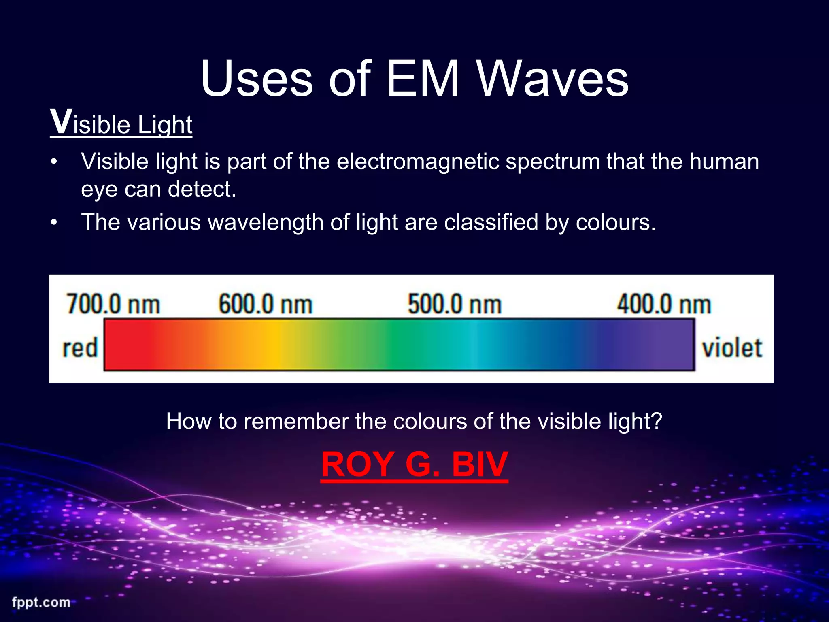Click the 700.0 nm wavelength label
click(x=113, y=304)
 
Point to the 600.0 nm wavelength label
click(x=266, y=304)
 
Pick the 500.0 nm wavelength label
click(x=455, y=304)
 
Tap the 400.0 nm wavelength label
click(x=664, y=304)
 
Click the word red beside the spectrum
click(x=80, y=348)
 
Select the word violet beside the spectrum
click(x=732, y=348)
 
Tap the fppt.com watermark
click(x=41, y=602)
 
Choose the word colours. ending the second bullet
click(x=615, y=222)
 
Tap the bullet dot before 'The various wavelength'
click(x=54, y=223)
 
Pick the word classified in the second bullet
click(x=491, y=222)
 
